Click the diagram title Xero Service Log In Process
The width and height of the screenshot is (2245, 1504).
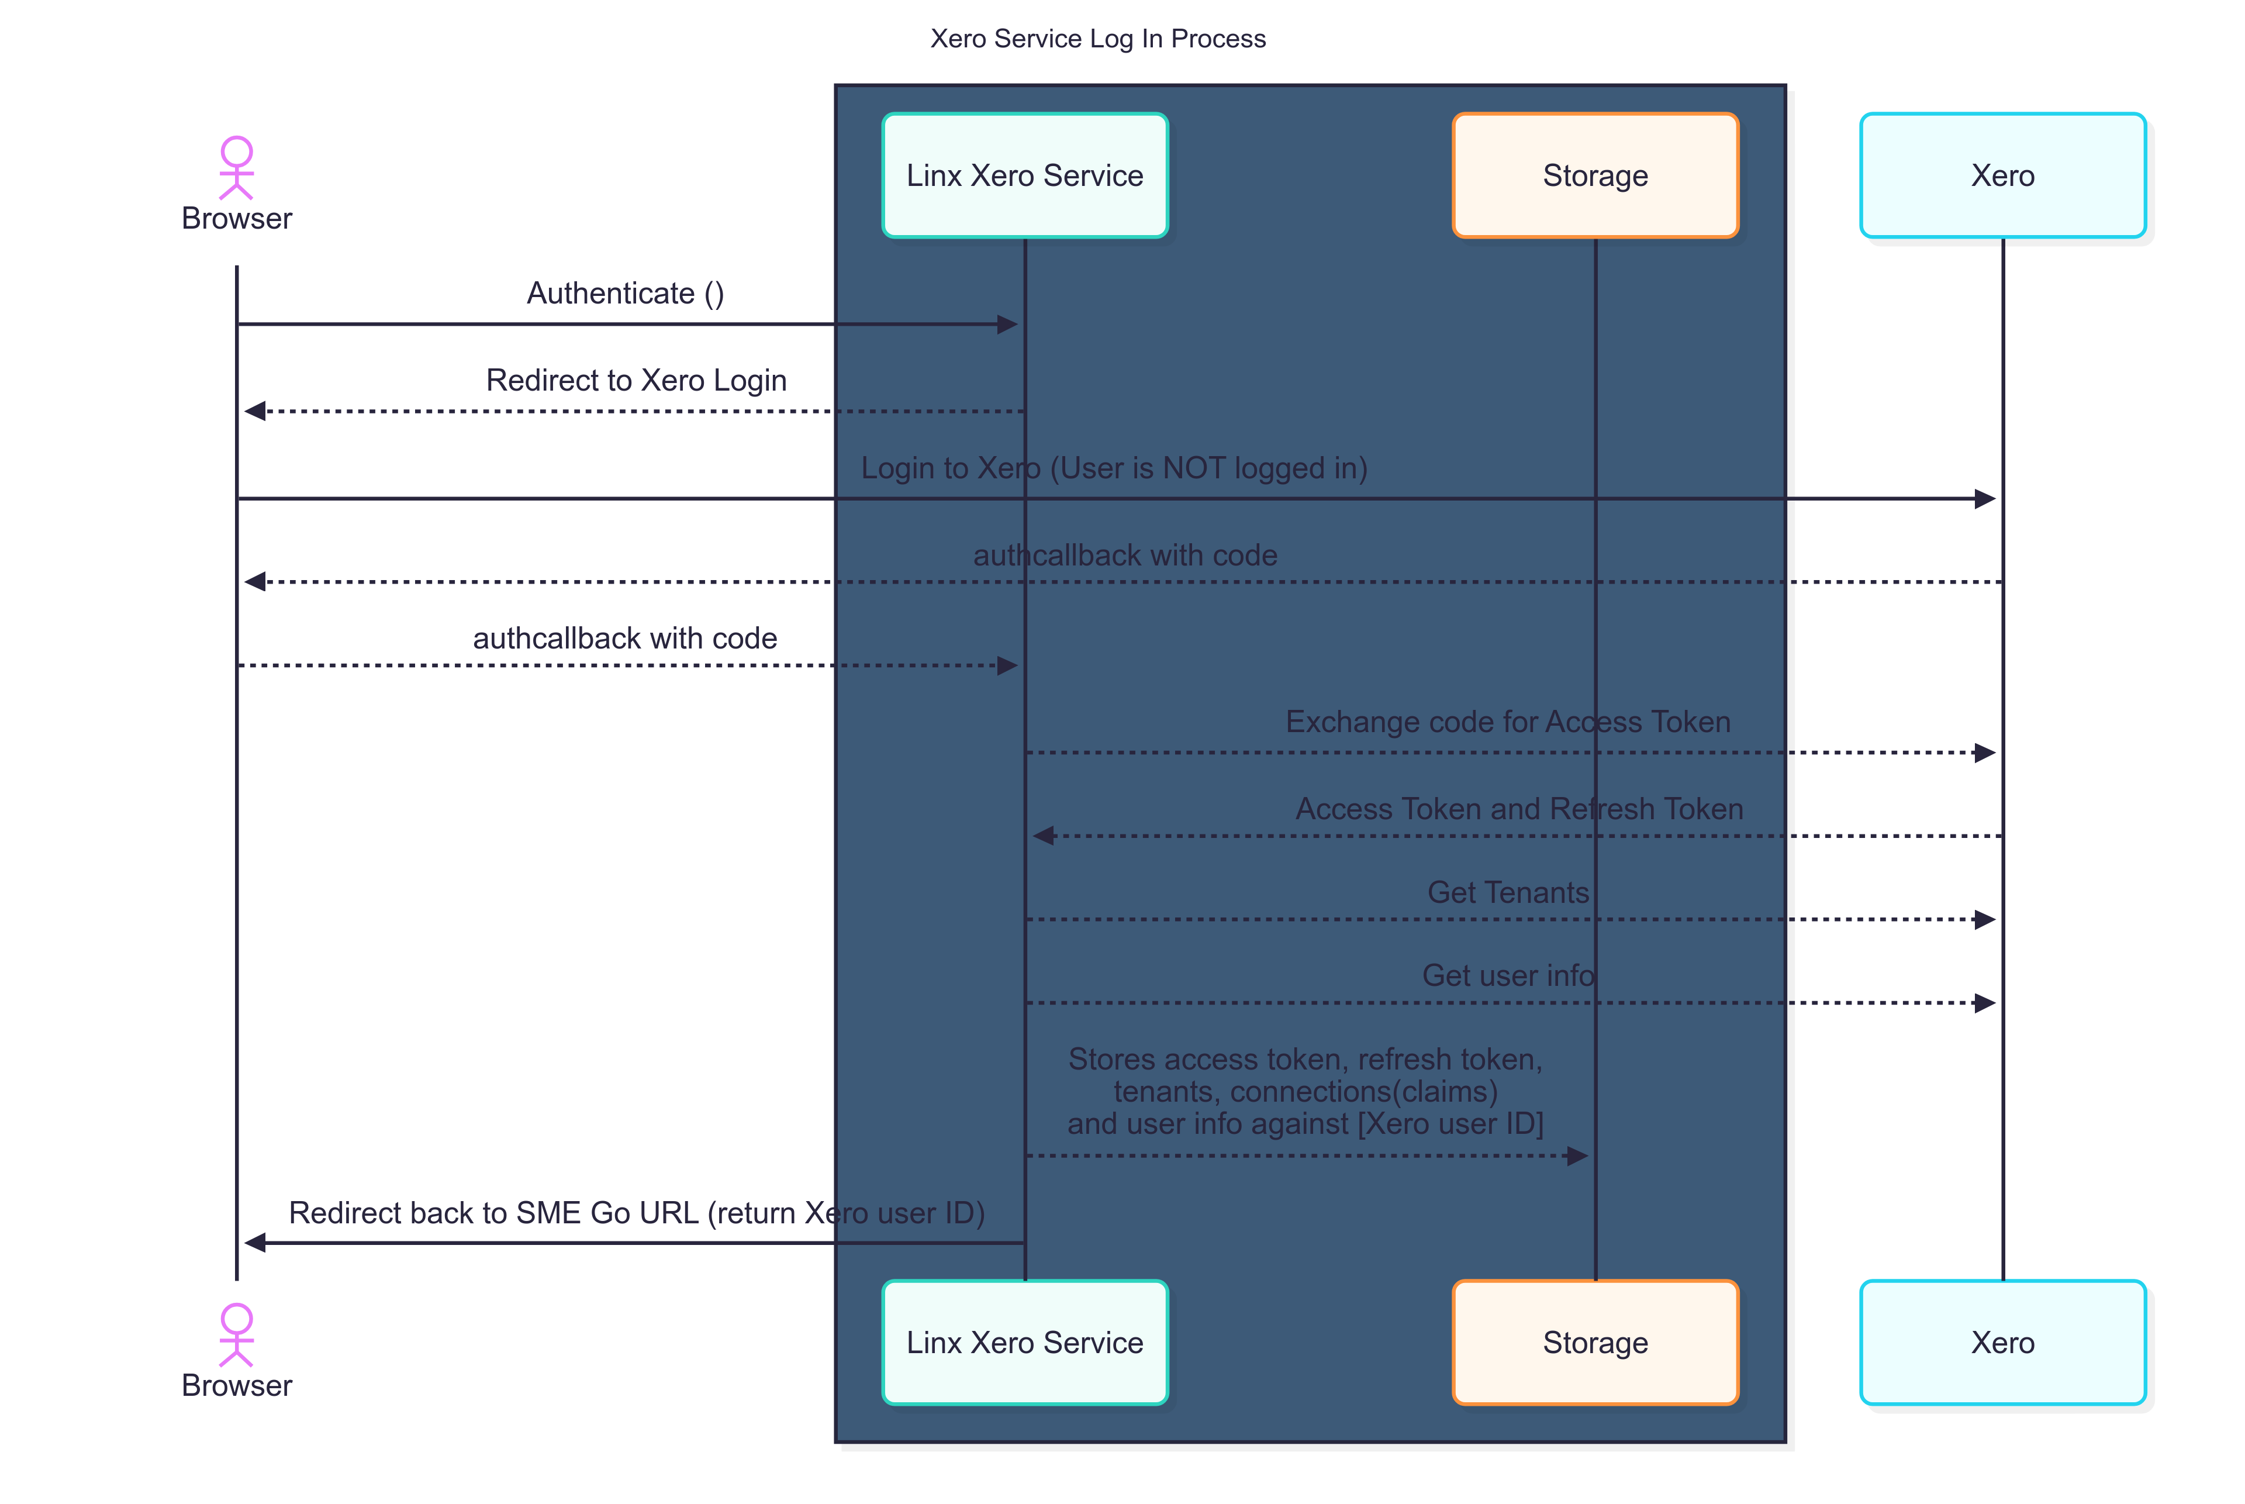(1097, 39)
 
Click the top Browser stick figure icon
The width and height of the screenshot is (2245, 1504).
(236, 168)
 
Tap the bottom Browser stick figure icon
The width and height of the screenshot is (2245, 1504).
(236, 1334)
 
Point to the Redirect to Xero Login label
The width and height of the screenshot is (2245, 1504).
(636, 380)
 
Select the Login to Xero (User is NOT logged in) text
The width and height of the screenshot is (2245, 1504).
(1113, 468)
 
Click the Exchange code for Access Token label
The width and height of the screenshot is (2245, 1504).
(1508, 722)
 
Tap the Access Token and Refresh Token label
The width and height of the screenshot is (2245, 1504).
(1519, 809)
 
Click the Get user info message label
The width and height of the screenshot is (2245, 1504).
(1508, 975)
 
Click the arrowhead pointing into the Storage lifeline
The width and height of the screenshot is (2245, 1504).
(1577, 1156)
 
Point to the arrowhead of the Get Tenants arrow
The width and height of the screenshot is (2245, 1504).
(1985, 920)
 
